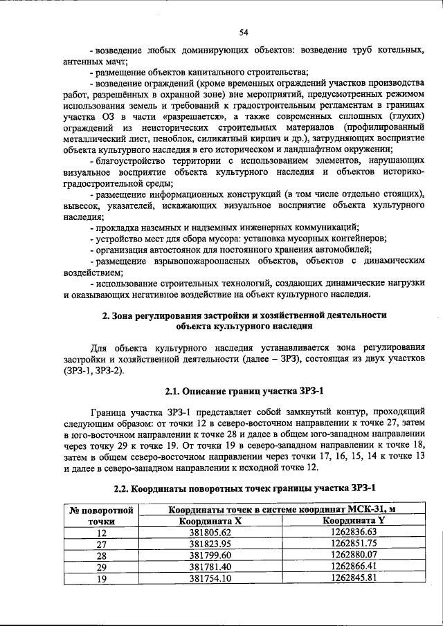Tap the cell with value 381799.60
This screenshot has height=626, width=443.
coord(210,555)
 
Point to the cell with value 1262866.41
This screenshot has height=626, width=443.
coord(353,567)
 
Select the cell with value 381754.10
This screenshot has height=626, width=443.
coord(210,579)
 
